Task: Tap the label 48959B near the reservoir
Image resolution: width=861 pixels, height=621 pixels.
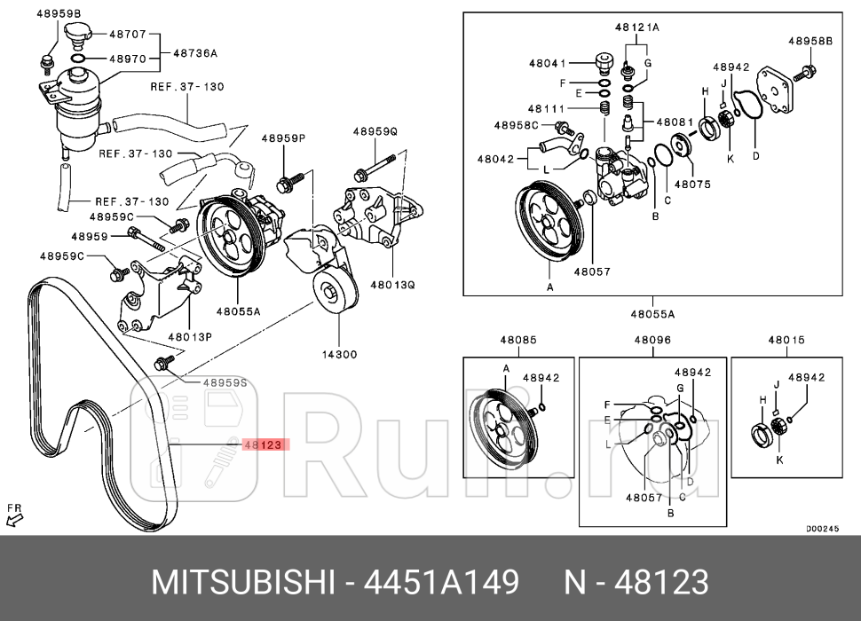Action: tap(59, 14)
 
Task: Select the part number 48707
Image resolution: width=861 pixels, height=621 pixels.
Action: tap(127, 35)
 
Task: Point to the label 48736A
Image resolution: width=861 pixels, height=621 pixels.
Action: tap(195, 53)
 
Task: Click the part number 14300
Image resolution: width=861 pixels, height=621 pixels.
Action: tap(339, 354)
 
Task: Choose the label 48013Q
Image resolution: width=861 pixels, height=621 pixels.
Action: tap(393, 285)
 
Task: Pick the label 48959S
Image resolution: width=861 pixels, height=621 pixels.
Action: tap(225, 382)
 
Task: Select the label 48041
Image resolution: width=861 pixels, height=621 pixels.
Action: tap(548, 64)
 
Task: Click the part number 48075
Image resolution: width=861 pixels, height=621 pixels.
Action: tap(692, 185)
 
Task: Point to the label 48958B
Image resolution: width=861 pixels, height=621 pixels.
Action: tap(810, 41)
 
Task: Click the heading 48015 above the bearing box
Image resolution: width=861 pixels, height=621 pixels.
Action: tap(786, 340)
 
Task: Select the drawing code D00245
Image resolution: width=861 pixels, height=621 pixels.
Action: tap(822, 529)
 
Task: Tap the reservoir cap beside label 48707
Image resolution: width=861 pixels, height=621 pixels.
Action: tap(78, 36)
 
